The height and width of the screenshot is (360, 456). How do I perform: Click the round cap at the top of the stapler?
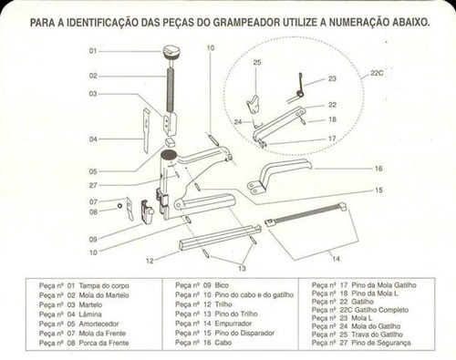[171, 54]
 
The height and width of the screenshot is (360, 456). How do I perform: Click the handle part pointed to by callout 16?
[283, 173]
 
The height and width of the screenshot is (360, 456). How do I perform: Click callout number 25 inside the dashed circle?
[257, 62]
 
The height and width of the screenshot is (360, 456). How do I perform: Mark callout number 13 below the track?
[240, 271]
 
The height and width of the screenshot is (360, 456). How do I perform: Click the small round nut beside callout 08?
[119, 207]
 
